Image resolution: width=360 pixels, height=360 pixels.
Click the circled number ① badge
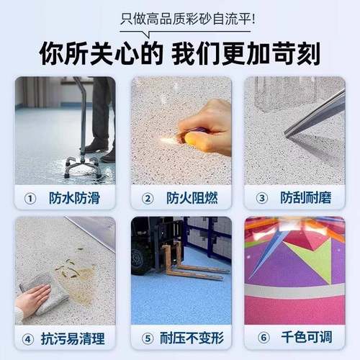30,197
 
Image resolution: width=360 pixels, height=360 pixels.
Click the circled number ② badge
147,197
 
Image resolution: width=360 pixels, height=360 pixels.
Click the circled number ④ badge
29,336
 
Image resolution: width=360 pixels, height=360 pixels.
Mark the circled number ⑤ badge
147,336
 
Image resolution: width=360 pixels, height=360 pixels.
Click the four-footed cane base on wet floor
80,165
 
